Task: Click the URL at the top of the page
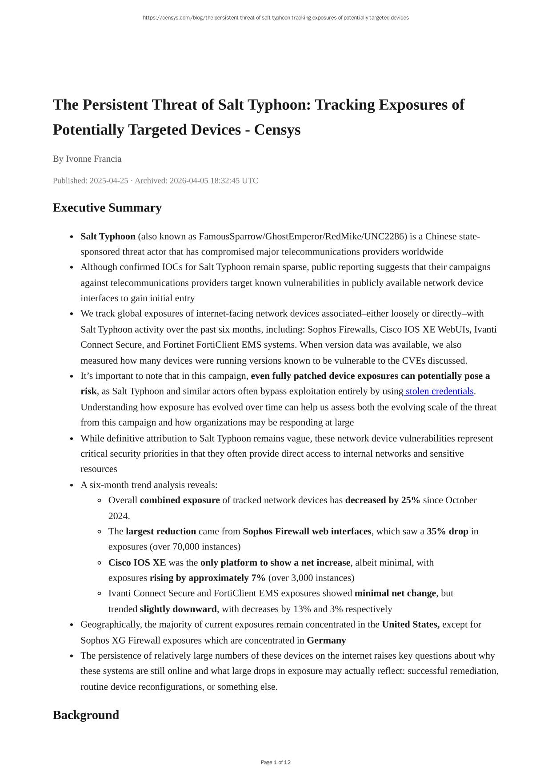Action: click(x=276, y=18)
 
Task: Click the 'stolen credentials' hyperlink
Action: click(x=439, y=391)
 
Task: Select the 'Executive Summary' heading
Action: click(x=107, y=208)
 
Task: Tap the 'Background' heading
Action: click(x=86, y=715)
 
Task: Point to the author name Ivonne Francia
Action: click(x=93, y=159)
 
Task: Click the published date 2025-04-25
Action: click(x=109, y=181)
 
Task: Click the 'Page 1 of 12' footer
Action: click(x=276, y=762)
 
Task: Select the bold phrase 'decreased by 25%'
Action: click(x=383, y=501)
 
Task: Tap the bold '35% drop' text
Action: click(x=448, y=532)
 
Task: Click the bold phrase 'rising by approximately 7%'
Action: click(x=208, y=578)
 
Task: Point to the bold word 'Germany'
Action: click(x=326, y=641)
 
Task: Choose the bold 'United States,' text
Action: click(x=411, y=625)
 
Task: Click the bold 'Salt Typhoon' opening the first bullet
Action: click(x=108, y=237)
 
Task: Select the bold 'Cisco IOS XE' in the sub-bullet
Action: click(x=137, y=563)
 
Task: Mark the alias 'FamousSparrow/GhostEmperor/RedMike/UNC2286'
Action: click(x=303, y=237)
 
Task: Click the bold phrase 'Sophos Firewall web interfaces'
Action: click(x=307, y=532)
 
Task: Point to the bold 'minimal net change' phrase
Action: click(x=395, y=593)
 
